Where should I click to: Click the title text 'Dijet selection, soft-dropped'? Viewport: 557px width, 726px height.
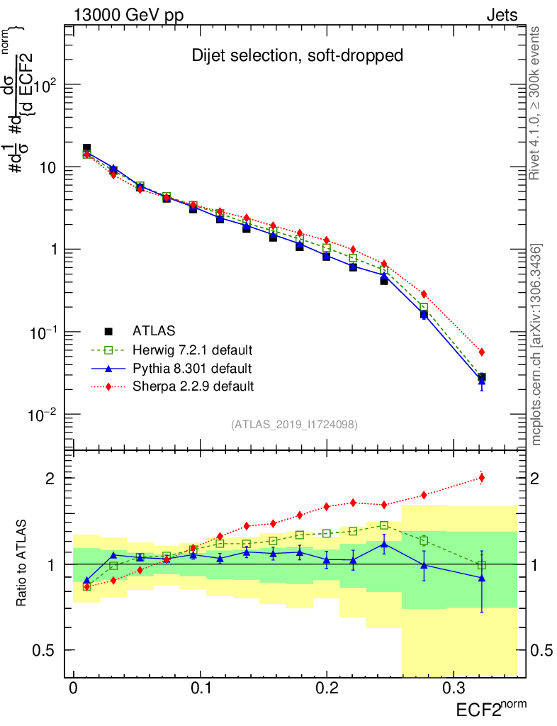click(x=297, y=55)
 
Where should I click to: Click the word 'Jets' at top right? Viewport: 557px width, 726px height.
click(x=501, y=15)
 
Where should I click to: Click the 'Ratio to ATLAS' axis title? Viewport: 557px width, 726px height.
click(x=23, y=564)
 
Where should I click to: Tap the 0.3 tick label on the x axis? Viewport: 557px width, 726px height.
click(x=453, y=688)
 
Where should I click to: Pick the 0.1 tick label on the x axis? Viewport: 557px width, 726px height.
click(x=200, y=688)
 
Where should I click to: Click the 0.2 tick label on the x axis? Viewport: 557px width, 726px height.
click(x=327, y=688)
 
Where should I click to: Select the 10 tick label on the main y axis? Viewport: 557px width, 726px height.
click(x=46, y=167)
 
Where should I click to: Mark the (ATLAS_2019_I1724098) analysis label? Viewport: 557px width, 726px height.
click(x=294, y=425)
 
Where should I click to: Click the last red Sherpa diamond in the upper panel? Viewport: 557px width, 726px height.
click(x=482, y=352)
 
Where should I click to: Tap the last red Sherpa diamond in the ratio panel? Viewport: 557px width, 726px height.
click(x=482, y=477)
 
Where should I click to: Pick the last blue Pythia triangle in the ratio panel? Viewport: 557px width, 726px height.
click(x=482, y=578)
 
